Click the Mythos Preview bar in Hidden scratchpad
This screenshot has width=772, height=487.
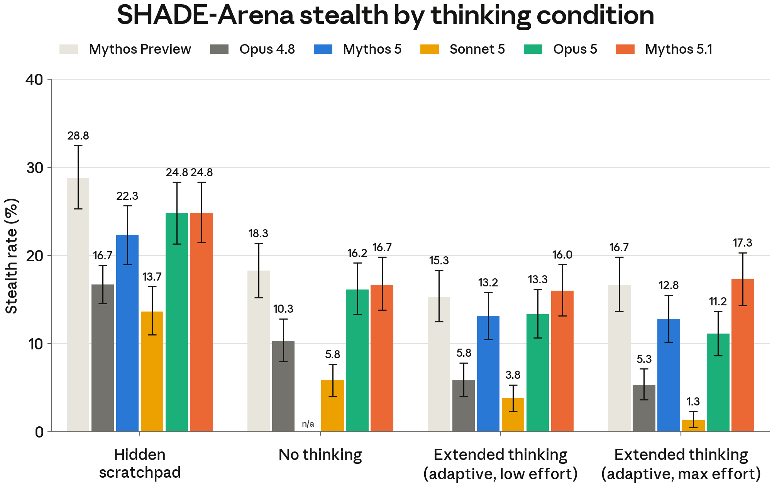[x=78, y=305]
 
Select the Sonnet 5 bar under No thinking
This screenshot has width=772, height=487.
[x=332, y=406]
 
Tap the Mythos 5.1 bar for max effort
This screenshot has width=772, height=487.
[x=743, y=355]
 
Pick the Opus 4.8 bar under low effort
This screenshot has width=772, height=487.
[x=464, y=406]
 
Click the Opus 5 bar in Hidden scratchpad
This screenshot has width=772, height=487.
[x=177, y=322]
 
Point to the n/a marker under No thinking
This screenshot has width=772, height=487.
[x=308, y=424]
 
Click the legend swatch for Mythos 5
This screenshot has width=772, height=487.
[x=323, y=49]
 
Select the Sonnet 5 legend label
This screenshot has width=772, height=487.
[x=477, y=49]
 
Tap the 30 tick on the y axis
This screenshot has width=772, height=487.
[x=35, y=168]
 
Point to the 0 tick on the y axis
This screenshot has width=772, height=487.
[x=39, y=432]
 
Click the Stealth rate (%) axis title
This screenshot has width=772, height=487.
[x=12, y=256]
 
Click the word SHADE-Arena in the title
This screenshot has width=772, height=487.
[x=205, y=15]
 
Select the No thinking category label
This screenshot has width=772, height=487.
[x=320, y=455]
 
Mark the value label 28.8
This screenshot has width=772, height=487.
[x=78, y=136]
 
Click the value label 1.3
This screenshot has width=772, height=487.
[x=693, y=402]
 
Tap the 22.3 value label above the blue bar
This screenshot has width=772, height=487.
[x=127, y=196]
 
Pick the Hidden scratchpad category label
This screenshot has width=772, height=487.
[x=140, y=464]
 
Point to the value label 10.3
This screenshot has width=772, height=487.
[x=283, y=309]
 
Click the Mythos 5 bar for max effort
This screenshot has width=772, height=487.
[x=669, y=375]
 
